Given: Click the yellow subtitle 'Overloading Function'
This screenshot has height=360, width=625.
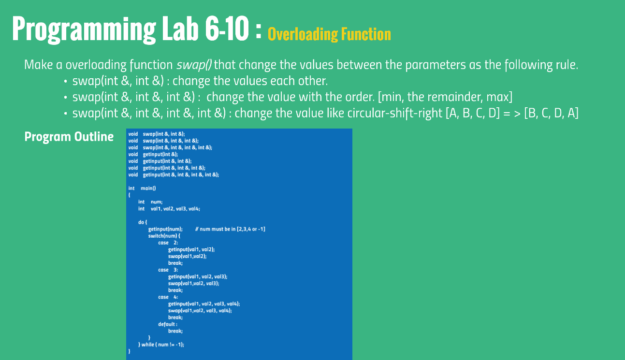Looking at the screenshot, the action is point(329,35).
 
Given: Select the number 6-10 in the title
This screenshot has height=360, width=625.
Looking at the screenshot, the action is point(227,29).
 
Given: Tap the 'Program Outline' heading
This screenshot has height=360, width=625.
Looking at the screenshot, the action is point(69,137).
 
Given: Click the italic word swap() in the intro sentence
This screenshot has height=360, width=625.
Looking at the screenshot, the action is point(194,65).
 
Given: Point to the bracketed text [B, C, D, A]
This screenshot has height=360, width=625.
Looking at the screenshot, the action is point(552,113).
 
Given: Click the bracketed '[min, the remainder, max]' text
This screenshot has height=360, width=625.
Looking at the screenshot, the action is point(445,97).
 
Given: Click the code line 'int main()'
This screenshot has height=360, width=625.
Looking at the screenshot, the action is point(142,188).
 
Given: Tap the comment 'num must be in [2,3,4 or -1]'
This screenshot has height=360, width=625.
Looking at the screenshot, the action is point(230,229).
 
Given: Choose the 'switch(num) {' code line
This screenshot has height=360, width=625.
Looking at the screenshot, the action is point(164,236).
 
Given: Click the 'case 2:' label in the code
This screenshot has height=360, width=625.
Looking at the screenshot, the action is point(168,243).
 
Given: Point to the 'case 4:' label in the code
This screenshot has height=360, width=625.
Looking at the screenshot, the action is point(168,297).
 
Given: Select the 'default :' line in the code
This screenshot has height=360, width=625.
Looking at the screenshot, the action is point(168,324).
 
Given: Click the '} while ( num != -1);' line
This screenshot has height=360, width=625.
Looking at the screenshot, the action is point(161,345).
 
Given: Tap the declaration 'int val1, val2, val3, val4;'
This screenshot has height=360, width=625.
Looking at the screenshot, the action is point(169,209).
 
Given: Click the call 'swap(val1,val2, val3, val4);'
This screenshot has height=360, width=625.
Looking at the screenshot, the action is point(200,311).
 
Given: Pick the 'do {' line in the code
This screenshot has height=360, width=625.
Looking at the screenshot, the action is point(143,222).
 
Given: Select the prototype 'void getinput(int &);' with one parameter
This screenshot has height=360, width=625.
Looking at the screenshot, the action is point(153,154).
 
